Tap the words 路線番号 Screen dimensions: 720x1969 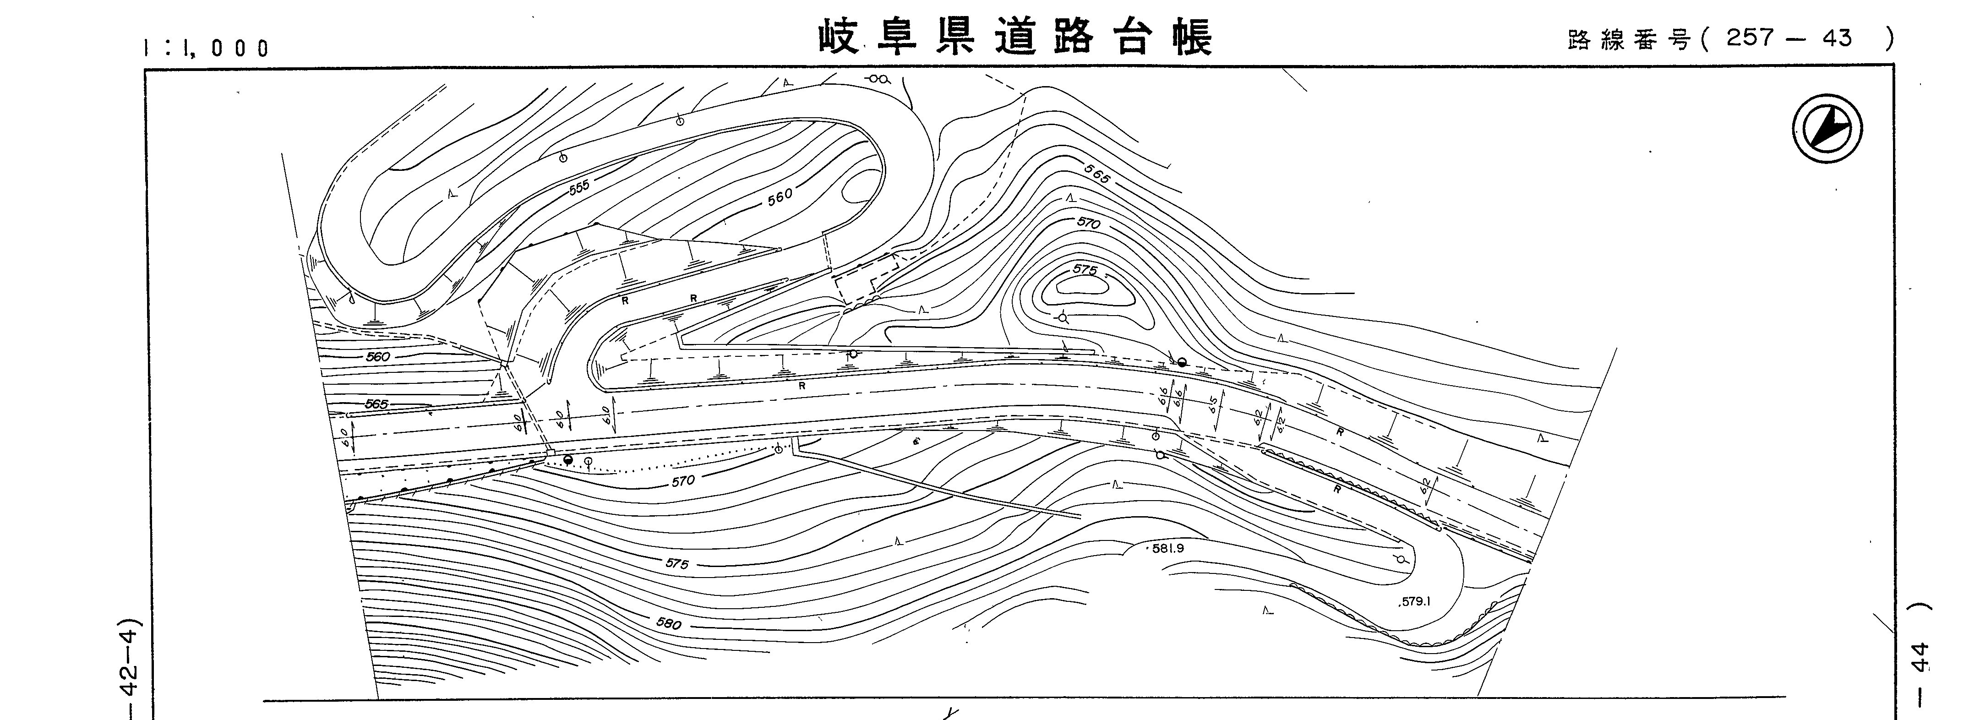1628,40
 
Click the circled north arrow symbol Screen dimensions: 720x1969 1827,128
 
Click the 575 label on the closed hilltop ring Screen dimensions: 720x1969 1085,270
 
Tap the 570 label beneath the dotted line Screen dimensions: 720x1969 682,481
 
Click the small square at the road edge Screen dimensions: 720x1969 550,453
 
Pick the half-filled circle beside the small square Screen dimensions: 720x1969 567,459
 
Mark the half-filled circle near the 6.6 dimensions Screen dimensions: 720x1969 1182,362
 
